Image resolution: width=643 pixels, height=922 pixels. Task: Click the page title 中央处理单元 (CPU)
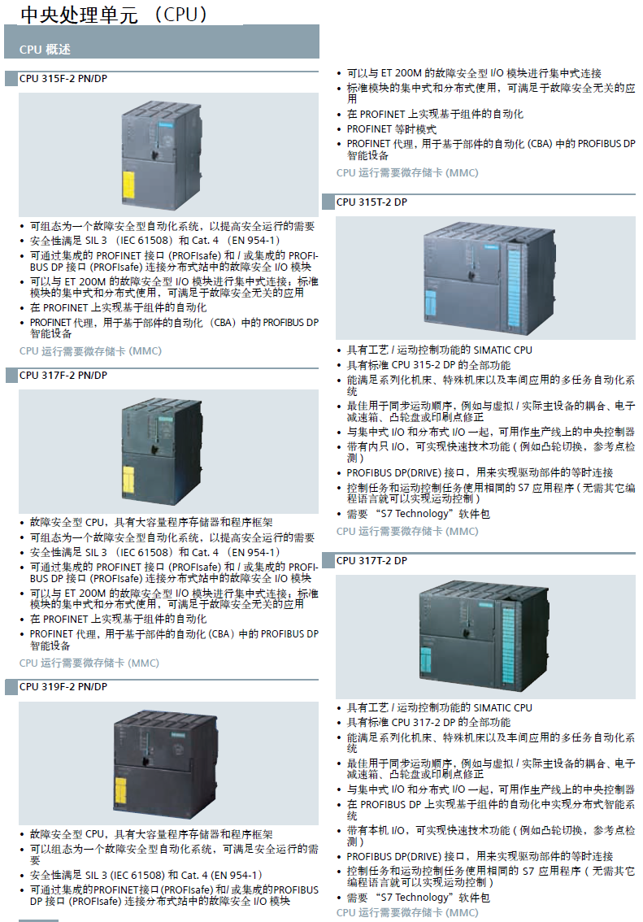(114, 15)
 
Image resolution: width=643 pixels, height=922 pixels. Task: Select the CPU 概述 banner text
(45, 50)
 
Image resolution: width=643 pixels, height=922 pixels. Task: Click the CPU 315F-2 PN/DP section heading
(63, 79)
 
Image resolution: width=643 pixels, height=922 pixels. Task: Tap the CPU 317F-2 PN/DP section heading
(63, 375)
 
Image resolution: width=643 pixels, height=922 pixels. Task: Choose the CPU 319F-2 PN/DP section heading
(63, 686)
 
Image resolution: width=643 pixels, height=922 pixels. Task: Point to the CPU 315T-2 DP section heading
(371, 202)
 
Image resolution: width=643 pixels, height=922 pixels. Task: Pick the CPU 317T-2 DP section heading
(371, 560)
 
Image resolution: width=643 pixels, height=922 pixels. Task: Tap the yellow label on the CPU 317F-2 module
(128, 481)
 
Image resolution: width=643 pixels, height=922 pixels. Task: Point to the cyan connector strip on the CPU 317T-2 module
(508, 645)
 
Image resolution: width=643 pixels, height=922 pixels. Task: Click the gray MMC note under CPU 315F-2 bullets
(90, 351)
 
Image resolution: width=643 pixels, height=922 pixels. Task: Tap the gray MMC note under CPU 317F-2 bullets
(89, 663)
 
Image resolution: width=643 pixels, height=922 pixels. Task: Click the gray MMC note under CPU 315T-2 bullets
(407, 531)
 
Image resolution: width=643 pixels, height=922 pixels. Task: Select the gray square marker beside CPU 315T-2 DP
(328, 202)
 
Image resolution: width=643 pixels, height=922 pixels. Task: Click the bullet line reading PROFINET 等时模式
(392, 128)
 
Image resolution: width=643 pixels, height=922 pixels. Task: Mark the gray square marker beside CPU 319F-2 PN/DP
(11, 687)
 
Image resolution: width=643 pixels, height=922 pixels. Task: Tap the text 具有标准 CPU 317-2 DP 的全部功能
(428, 722)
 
